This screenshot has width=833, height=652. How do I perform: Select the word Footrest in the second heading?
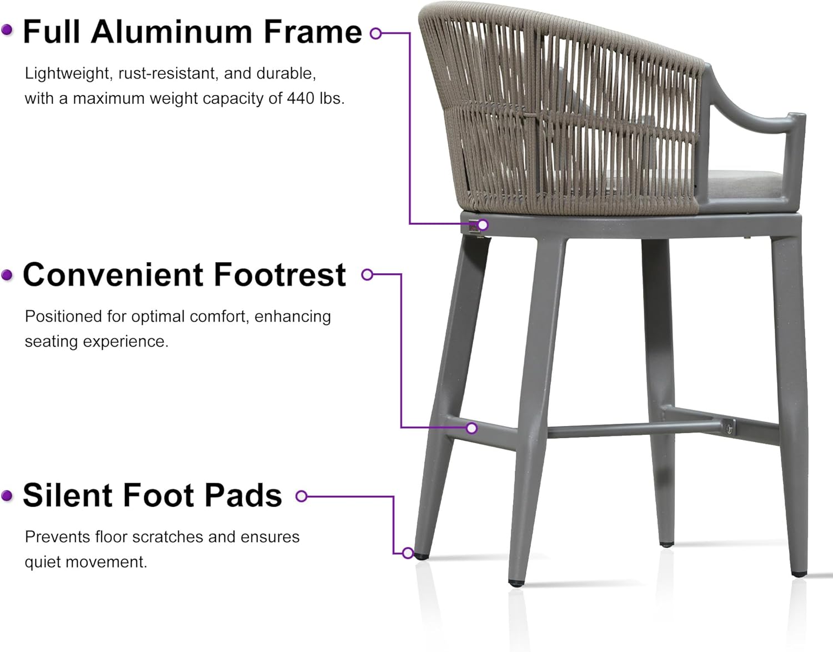pos(279,275)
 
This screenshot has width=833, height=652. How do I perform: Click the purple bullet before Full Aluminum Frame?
pos(7,31)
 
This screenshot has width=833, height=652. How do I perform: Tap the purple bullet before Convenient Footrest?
pos(7,275)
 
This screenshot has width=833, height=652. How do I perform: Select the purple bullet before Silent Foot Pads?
pos(7,495)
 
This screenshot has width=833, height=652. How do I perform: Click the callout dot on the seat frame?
pos(483,225)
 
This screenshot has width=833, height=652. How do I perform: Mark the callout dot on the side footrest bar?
pos(471,428)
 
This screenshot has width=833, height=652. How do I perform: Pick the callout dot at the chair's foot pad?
pos(408,553)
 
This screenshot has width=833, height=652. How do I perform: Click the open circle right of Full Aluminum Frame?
pos(376,33)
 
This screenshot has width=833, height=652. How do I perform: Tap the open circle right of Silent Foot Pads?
pos(302,496)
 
